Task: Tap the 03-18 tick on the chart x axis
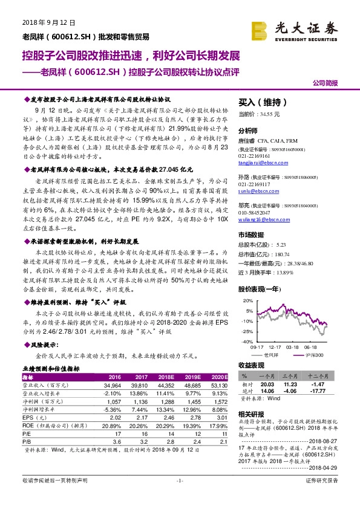[293, 347]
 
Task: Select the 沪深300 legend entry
[313, 355]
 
